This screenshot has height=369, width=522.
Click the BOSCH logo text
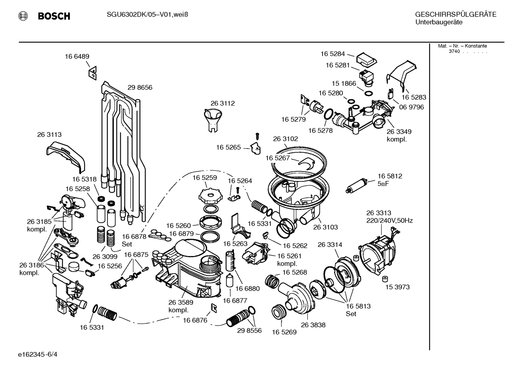[54, 16]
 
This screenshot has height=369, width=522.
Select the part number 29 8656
[140, 88]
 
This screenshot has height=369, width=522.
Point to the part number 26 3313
[378, 213]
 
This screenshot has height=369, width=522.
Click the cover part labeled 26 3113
[66, 156]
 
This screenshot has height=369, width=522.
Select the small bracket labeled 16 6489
[93, 72]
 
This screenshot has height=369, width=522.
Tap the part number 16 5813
[358, 306]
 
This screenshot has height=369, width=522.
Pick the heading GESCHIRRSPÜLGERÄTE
[455, 14]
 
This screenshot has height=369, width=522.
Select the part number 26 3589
[181, 302]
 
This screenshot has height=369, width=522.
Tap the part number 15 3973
[397, 287]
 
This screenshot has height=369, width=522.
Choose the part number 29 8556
[249, 331]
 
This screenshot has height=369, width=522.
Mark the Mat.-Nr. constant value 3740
[454, 51]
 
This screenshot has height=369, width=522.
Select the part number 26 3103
[325, 227]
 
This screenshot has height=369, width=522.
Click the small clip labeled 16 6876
[214, 307]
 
